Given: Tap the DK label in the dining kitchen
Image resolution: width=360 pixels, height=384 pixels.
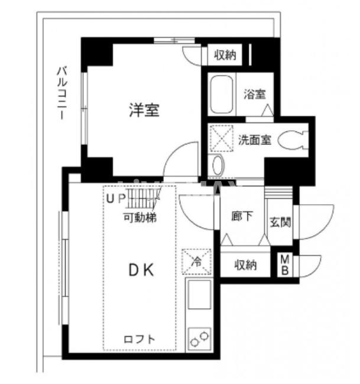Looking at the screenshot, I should [142, 270].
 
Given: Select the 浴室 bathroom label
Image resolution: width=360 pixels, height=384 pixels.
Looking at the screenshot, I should [255, 94].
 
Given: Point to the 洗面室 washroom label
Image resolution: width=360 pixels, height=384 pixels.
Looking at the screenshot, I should [255, 140].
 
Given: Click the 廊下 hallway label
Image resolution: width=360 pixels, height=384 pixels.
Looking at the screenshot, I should [242, 217].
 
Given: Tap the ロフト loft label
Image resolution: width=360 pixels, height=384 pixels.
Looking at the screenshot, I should [140, 340].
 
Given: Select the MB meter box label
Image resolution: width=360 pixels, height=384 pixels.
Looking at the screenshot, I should [285, 265].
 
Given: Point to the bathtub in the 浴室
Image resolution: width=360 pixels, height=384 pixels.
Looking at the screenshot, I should [223, 95].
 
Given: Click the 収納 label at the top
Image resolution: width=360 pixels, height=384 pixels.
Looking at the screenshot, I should [225, 56].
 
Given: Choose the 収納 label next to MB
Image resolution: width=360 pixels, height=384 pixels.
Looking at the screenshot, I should [245, 264].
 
